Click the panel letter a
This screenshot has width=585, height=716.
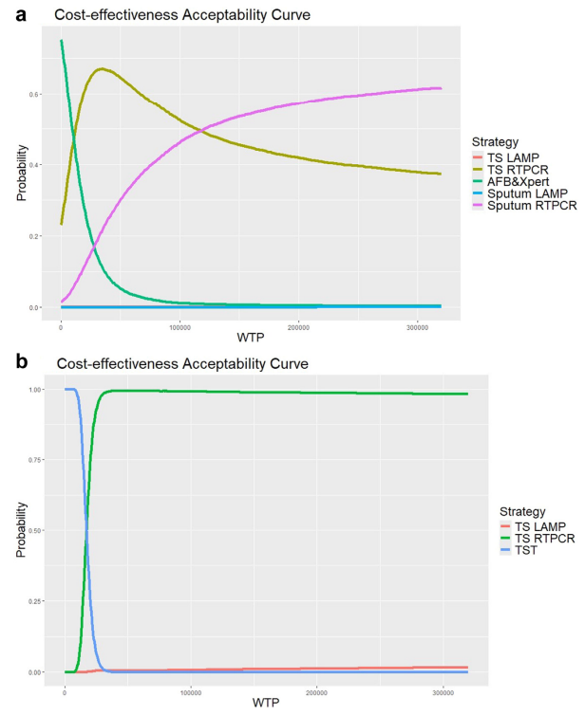[x=12, y=13]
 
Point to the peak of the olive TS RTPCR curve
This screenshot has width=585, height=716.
[x=102, y=68]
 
